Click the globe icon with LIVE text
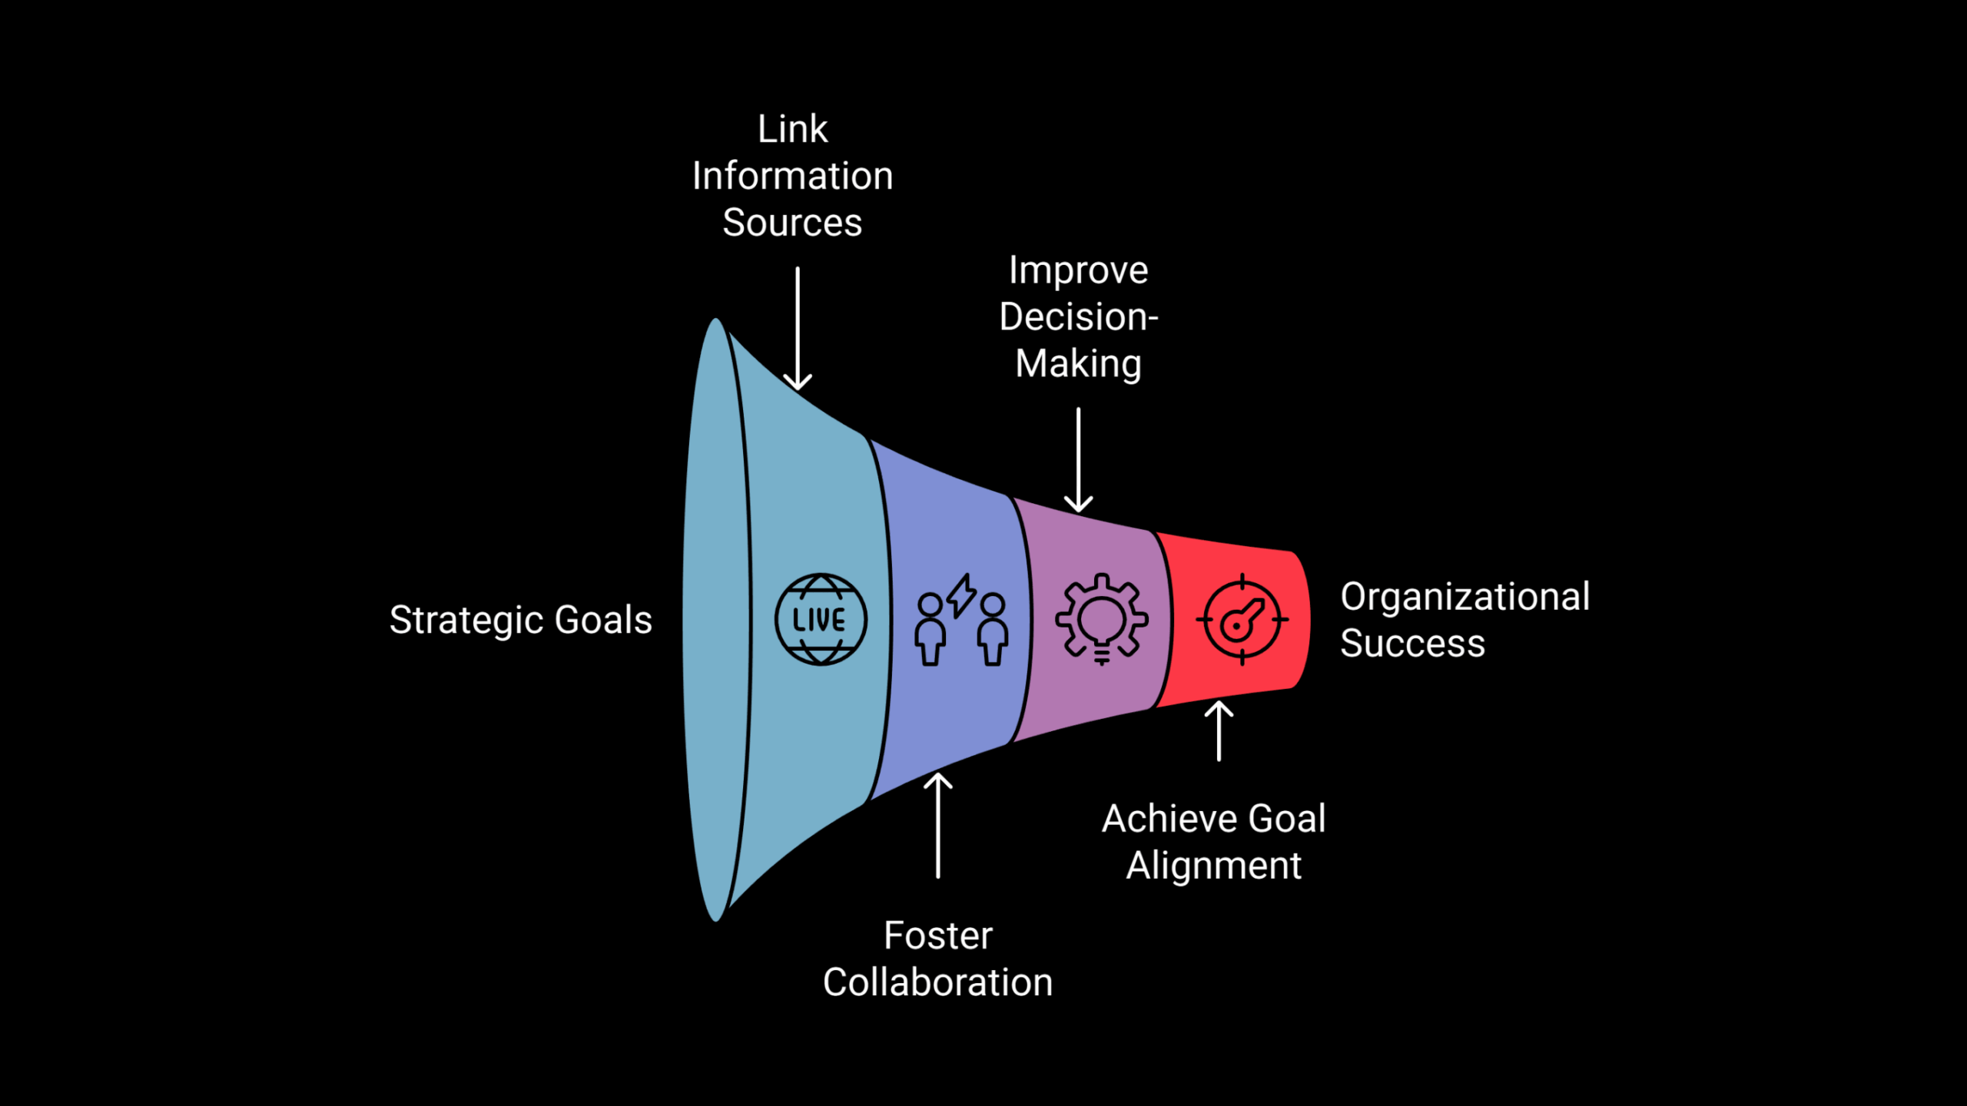click(x=821, y=619)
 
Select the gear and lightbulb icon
click(x=1102, y=619)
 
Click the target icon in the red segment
click(x=1242, y=619)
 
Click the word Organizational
click(x=1464, y=597)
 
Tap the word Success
click(x=1412, y=644)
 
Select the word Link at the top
click(x=792, y=129)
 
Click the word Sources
click(x=792, y=223)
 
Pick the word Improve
click(x=1078, y=270)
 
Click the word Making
click(x=1078, y=364)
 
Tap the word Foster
click(x=937, y=935)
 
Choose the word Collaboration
click(x=937, y=982)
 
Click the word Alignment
click(x=1213, y=866)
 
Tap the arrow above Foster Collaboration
click(x=937, y=825)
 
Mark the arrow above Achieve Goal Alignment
click(x=1219, y=730)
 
